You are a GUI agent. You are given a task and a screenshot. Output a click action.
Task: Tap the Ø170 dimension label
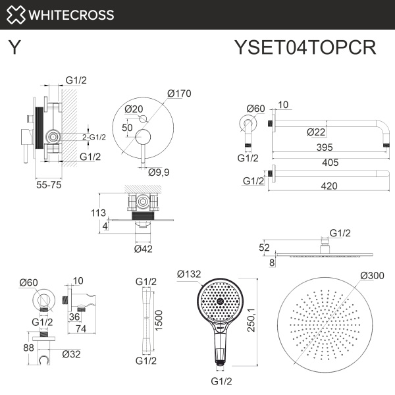(179, 93)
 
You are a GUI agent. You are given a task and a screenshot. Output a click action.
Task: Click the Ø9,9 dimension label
(159, 173)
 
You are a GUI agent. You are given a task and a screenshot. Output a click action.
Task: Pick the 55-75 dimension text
(49, 186)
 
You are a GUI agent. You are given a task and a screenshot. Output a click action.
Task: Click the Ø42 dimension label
(144, 249)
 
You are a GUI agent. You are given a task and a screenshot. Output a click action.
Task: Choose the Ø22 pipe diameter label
(316, 132)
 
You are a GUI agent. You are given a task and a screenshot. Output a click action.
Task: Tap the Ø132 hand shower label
(188, 273)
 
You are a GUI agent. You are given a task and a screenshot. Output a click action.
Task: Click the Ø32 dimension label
(70, 354)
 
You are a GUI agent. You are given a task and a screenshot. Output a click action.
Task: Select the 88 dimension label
(28, 347)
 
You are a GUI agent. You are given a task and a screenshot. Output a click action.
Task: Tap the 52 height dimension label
(264, 247)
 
